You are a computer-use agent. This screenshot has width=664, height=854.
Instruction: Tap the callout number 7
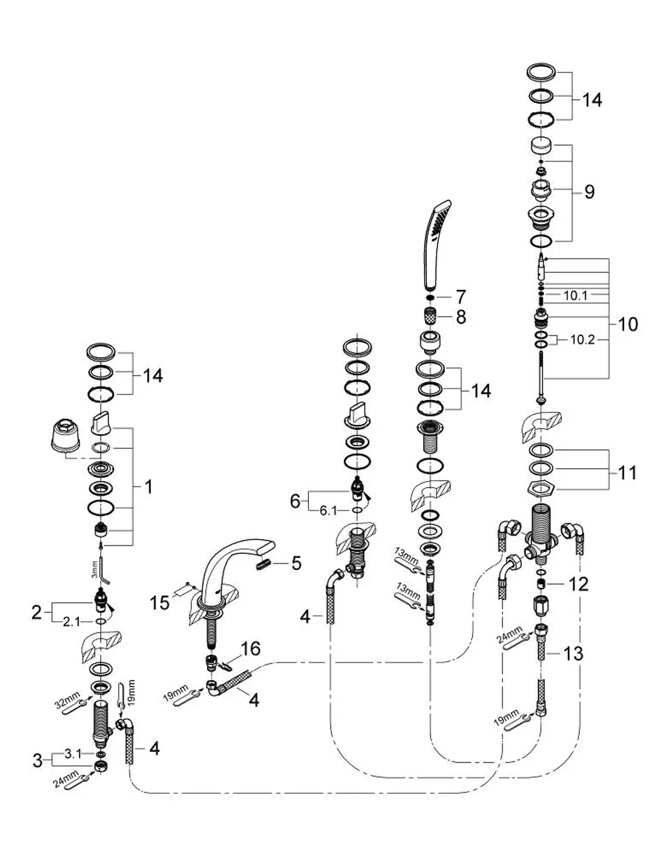tap(460, 297)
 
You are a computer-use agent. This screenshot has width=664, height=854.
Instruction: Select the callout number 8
tap(461, 317)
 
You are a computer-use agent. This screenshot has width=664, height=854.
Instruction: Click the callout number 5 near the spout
tap(296, 563)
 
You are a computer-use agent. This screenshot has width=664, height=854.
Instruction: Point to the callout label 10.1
tap(575, 295)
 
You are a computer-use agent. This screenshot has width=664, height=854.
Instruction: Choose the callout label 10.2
tap(582, 340)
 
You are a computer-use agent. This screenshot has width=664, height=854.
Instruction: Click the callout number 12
tap(579, 584)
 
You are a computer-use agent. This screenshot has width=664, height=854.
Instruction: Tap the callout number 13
tap(573, 654)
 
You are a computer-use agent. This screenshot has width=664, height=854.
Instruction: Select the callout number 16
tap(251, 648)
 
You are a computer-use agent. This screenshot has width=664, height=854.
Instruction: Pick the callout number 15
tap(159, 603)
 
